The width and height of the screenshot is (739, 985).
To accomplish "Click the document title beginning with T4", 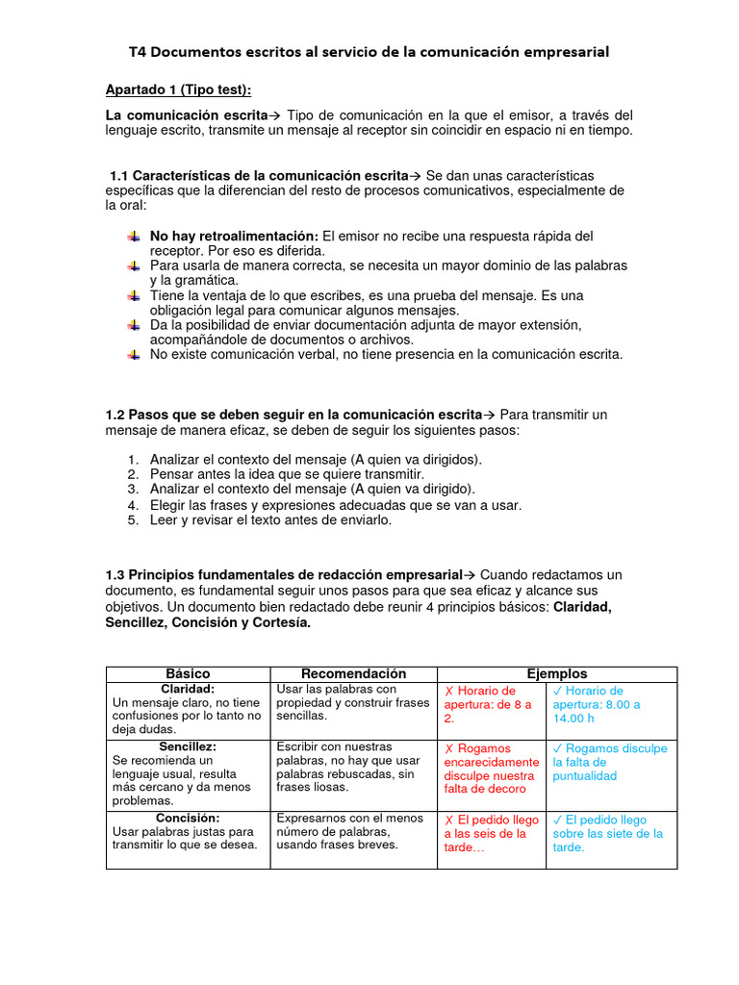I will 369,52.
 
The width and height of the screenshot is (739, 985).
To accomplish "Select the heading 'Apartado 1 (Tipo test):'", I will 178,89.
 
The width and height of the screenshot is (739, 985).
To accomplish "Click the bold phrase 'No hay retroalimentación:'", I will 234,236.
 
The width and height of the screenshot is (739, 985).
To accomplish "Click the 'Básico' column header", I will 188,674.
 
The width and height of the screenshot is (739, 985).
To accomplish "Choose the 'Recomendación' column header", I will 353,674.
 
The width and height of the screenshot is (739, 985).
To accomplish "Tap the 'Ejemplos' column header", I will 556,674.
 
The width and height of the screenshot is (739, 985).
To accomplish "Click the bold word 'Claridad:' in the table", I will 188,690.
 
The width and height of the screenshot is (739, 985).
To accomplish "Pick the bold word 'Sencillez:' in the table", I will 188,747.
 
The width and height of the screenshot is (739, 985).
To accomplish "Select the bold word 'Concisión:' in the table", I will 188,819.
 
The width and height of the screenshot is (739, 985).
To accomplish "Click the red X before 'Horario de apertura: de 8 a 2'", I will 448,692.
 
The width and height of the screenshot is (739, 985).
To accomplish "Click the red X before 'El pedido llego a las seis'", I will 448,821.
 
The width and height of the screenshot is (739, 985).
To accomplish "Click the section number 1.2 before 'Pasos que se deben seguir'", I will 115,415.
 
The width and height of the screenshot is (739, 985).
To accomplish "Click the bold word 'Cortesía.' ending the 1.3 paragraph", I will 279,623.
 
